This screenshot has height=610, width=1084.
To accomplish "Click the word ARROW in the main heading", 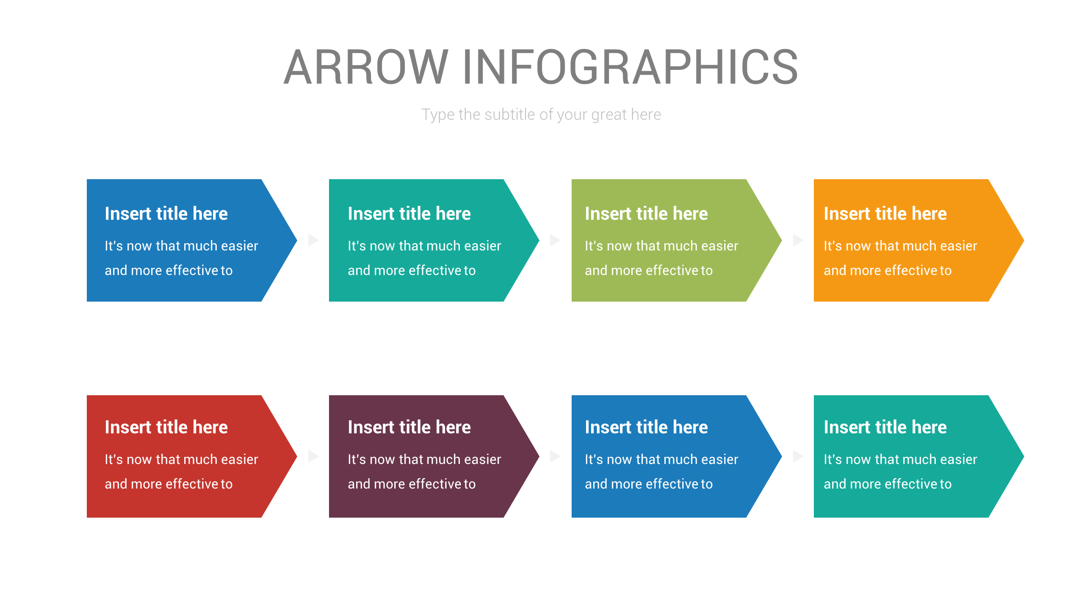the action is (x=366, y=67).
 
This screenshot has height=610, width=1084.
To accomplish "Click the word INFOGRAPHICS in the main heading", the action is (x=630, y=67).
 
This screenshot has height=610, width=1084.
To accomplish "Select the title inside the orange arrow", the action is (x=885, y=213).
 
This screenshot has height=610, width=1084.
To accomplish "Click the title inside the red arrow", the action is (x=166, y=427).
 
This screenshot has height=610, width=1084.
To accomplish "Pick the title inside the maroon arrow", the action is (x=409, y=427).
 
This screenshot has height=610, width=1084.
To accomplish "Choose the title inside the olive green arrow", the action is (x=646, y=213).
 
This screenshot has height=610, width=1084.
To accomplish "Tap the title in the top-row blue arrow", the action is (x=166, y=213).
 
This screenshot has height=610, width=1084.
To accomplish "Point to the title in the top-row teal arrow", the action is (x=409, y=213).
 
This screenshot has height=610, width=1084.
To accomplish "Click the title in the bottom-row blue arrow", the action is (x=646, y=427).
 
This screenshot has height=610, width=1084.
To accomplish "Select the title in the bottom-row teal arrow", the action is (x=885, y=427).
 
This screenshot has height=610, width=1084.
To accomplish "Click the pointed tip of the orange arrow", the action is (x=1023, y=240).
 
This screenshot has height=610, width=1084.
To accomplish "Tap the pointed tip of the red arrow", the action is (x=296, y=456).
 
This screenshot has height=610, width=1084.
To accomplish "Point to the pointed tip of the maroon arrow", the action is (x=539, y=456).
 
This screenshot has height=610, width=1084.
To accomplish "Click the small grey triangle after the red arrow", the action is (x=313, y=456).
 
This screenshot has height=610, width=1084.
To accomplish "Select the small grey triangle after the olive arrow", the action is (x=798, y=240).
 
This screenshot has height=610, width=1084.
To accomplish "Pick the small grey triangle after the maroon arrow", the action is (x=555, y=456).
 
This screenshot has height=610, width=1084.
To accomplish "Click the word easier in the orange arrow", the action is (x=958, y=246).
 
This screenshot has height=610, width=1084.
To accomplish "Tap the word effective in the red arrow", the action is (x=191, y=484).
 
